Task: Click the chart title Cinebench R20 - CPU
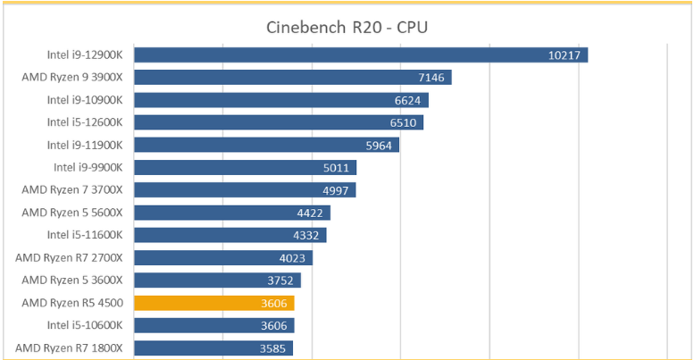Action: point(347,28)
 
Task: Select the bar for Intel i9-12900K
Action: point(361,54)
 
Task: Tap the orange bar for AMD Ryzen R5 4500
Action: point(214,303)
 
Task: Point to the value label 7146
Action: point(431,78)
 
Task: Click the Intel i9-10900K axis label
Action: point(85,100)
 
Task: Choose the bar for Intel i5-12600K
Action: point(279,122)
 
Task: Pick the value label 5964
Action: point(379,146)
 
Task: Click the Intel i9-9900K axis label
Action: point(88,167)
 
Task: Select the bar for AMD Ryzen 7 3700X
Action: point(246,190)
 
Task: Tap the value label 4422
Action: point(310,213)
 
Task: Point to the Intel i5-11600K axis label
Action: point(85,235)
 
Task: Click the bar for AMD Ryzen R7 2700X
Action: point(223,257)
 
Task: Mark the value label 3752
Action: point(280,280)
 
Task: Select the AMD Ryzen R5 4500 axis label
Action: point(72,303)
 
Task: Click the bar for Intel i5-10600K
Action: point(214,325)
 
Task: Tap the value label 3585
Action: point(272,348)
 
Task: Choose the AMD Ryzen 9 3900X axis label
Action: point(72,77)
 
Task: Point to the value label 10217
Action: point(564,55)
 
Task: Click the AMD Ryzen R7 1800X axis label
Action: point(69,348)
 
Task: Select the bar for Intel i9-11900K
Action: point(267,145)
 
